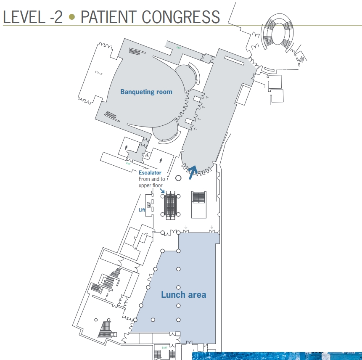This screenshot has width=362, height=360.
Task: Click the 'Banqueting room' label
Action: (146, 92)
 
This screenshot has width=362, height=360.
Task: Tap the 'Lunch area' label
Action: (184, 294)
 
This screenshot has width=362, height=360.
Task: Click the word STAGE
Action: (99, 73)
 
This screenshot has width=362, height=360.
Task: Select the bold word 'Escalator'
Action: (150, 173)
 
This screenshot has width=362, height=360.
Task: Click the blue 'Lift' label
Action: (142, 210)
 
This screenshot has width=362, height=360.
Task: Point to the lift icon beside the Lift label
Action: (148, 205)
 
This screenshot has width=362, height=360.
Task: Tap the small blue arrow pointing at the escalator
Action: (163, 191)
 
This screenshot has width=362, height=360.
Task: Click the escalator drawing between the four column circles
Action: (171, 205)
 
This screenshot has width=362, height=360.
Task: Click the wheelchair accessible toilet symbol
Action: (147, 155)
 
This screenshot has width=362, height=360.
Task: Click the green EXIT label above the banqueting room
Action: (179, 48)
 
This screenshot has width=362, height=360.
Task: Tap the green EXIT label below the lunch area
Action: (165, 348)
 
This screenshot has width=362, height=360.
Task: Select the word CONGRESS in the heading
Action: (181, 17)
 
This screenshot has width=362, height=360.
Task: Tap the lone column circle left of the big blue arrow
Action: (178, 178)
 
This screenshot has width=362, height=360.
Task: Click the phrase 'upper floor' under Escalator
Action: (151, 185)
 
